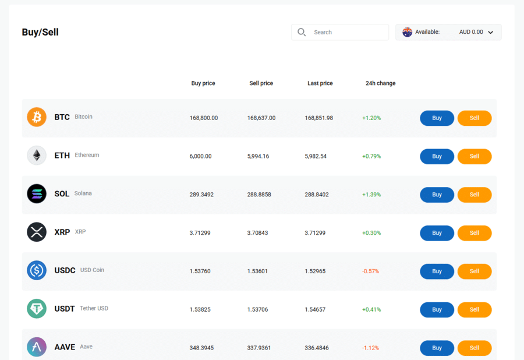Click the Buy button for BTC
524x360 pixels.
pos(437,118)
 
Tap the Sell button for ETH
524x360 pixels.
pos(474,157)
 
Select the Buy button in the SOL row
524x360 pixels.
pos(437,195)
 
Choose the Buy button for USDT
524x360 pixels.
pos(437,309)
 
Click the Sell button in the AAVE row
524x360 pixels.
pos(474,348)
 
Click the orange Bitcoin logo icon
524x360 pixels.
pos(37,117)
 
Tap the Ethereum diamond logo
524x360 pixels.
pos(37,156)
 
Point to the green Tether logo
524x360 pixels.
pos(37,309)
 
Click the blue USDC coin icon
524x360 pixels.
pos(37,270)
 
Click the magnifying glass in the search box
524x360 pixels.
pos(302,32)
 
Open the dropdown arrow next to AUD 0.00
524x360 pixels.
pos(491,33)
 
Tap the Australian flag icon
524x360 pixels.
pos(407,32)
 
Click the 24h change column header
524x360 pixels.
pos(380,83)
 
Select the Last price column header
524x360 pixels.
pos(320,83)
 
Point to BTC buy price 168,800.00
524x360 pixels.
pos(204,118)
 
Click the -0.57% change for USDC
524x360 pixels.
pos(371,271)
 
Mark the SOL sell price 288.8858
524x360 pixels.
pos(259,195)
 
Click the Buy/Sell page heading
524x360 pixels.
pos(40,32)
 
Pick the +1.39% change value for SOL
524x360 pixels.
pos(371,195)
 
